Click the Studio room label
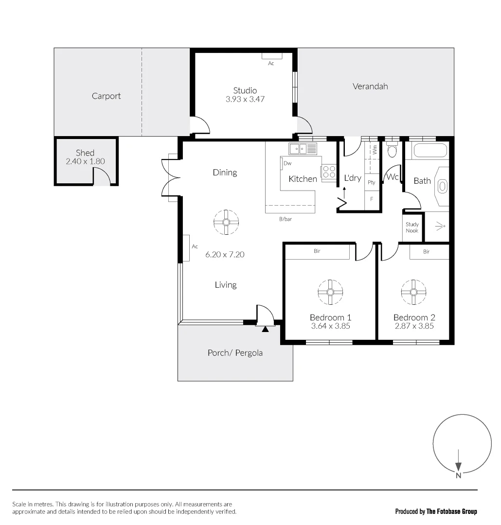(x=245, y=90)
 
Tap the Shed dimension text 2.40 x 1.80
(x=85, y=161)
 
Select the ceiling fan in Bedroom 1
(x=330, y=292)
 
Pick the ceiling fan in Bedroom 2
(x=413, y=292)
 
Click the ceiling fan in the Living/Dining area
(x=226, y=222)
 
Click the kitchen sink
(x=303, y=148)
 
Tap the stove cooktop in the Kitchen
(x=329, y=172)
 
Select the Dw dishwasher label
(x=287, y=164)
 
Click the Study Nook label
(x=412, y=227)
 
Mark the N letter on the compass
(x=458, y=476)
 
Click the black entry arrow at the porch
(x=265, y=329)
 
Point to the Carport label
(x=106, y=96)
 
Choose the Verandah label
(x=370, y=87)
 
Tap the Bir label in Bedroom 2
(x=426, y=252)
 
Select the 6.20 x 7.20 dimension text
(x=225, y=254)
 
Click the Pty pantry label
(x=372, y=183)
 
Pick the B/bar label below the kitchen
(x=286, y=219)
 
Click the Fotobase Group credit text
(x=436, y=511)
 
